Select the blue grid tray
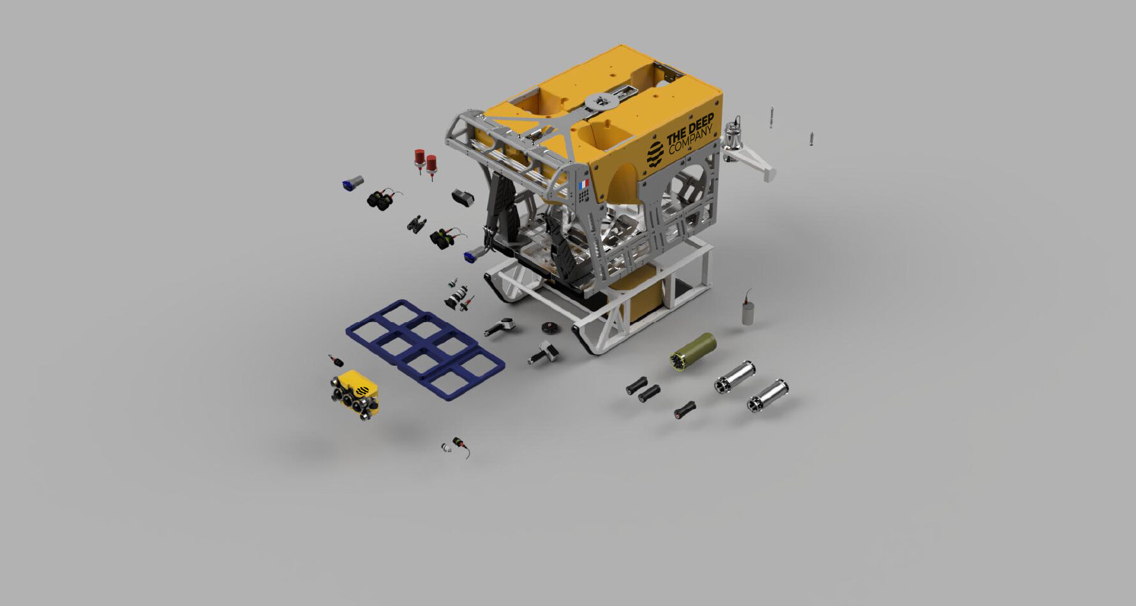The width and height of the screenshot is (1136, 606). point(425,348)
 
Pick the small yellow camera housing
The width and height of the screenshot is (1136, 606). point(355,394)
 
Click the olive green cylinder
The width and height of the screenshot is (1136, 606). point(693,352)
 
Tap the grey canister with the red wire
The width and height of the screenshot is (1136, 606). point(748,309)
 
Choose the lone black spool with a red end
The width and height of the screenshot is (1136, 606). point(685,410)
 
